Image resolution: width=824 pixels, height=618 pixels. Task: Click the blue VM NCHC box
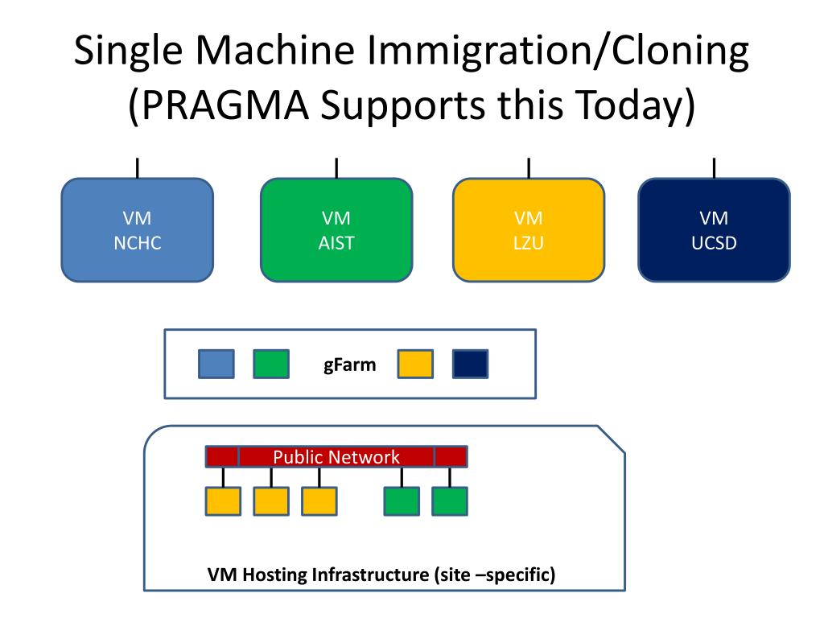point(137,230)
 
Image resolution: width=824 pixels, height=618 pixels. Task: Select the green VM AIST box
point(336,230)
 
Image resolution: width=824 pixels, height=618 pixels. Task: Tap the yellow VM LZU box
point(529,230)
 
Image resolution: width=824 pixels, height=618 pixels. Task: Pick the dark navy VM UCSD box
point(715,230)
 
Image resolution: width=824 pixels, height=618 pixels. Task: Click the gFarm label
point(349,365)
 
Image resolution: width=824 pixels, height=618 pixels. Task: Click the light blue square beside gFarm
point(216,364)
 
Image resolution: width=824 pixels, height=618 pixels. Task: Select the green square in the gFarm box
point(271,364)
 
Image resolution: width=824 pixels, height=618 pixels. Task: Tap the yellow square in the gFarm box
point(415,364)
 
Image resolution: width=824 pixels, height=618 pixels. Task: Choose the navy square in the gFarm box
point(470,364)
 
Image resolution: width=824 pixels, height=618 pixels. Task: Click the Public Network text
point(336,457)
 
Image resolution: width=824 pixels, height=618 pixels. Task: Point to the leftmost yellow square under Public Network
point(223,501)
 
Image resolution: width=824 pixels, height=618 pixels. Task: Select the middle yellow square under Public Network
point(271,501)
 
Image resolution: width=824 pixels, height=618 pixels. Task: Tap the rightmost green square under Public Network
point(450,501)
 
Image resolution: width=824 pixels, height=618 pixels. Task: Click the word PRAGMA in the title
point(225,105)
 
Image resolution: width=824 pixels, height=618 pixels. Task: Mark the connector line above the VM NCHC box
point(137,168)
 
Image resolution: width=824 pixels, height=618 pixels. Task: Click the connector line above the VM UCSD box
point(715,168)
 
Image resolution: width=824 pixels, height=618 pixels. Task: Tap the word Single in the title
point(128,51)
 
